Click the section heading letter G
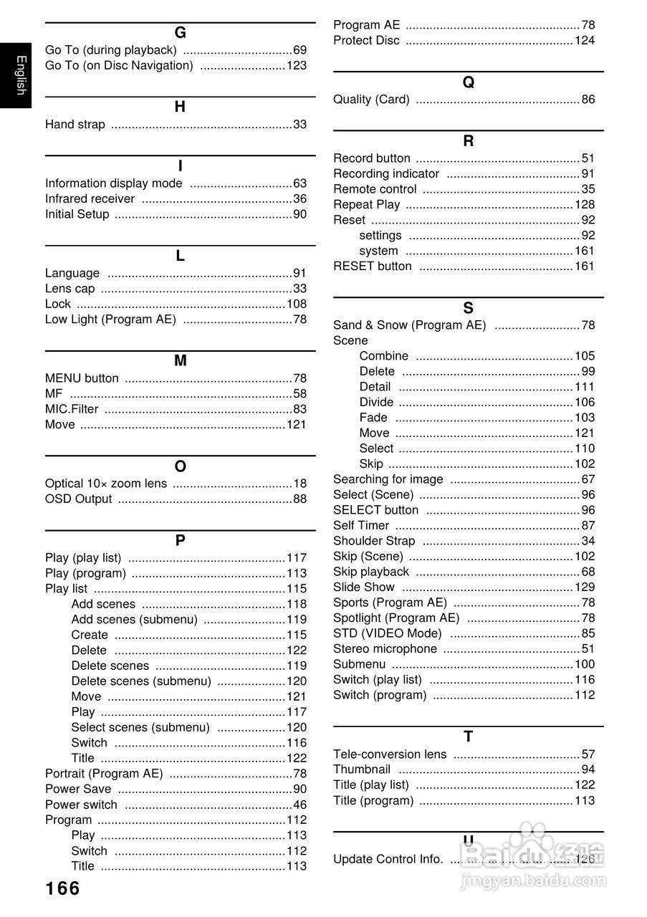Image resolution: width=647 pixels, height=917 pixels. point(180,33)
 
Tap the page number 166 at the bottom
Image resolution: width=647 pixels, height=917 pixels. point(63,889)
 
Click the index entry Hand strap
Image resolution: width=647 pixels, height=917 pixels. point(75,125)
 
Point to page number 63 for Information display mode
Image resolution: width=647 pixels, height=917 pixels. point(299,183)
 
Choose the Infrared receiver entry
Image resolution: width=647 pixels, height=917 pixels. point(90,199)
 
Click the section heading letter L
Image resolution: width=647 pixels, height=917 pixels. point(180,256)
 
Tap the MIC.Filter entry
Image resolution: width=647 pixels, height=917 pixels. point(72,410)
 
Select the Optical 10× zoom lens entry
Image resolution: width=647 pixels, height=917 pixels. point(106,484)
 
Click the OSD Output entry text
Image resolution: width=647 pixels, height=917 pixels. point(79,499)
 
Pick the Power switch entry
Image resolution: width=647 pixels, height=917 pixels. point(81,805)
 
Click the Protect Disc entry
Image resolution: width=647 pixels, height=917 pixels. point(366,41)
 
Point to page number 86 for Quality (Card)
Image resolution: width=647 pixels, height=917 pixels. point(588,100)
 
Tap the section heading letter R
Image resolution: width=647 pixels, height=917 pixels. point(469,141)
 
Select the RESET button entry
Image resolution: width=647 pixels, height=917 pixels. point(373,267)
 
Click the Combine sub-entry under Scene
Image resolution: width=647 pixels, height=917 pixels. point(384,356)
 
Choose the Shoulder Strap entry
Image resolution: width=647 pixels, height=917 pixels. point(374,541)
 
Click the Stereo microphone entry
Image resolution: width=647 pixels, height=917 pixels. point(385,649)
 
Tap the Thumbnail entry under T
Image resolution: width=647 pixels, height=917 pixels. point(362,769)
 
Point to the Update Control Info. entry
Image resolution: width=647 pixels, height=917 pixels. point(388,860)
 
